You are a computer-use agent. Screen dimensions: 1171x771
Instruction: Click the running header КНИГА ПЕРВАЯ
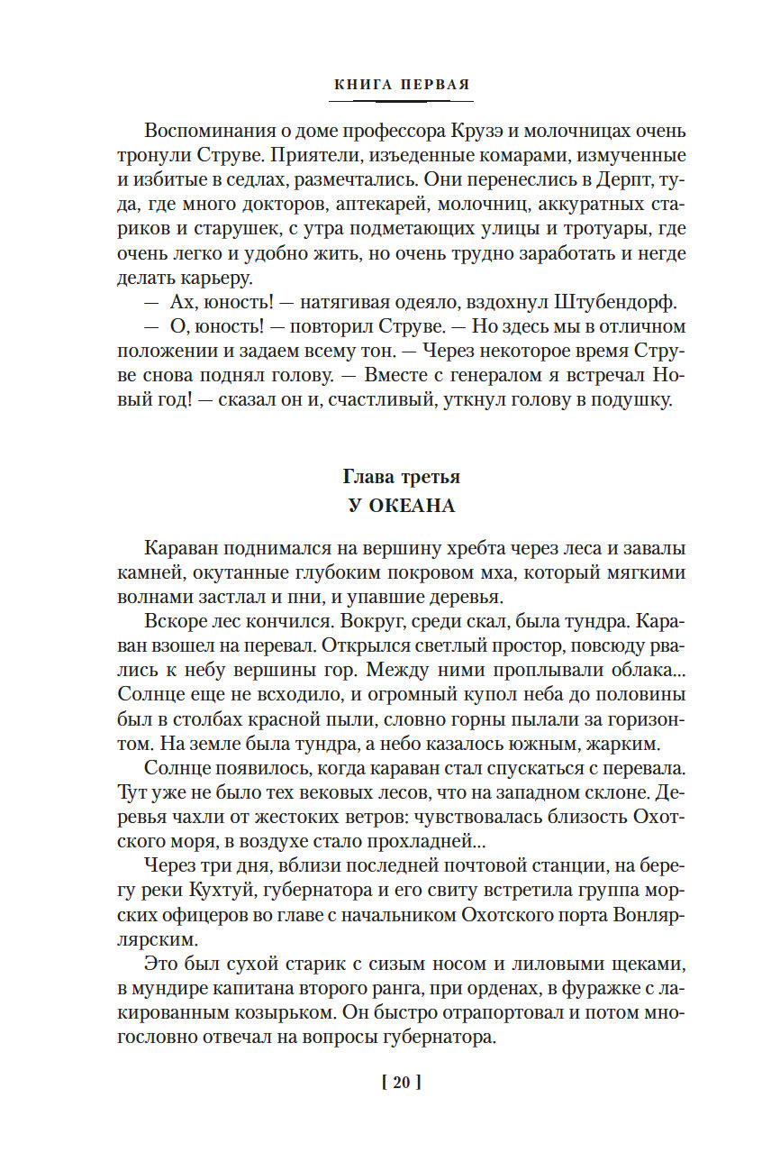click(402, 86)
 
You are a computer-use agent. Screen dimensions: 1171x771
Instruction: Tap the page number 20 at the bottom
click(401, 1083)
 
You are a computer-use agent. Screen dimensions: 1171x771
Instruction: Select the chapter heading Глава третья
click(402, 477)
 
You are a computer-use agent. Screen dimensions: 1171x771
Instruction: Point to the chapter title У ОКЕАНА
click(402, 506)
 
